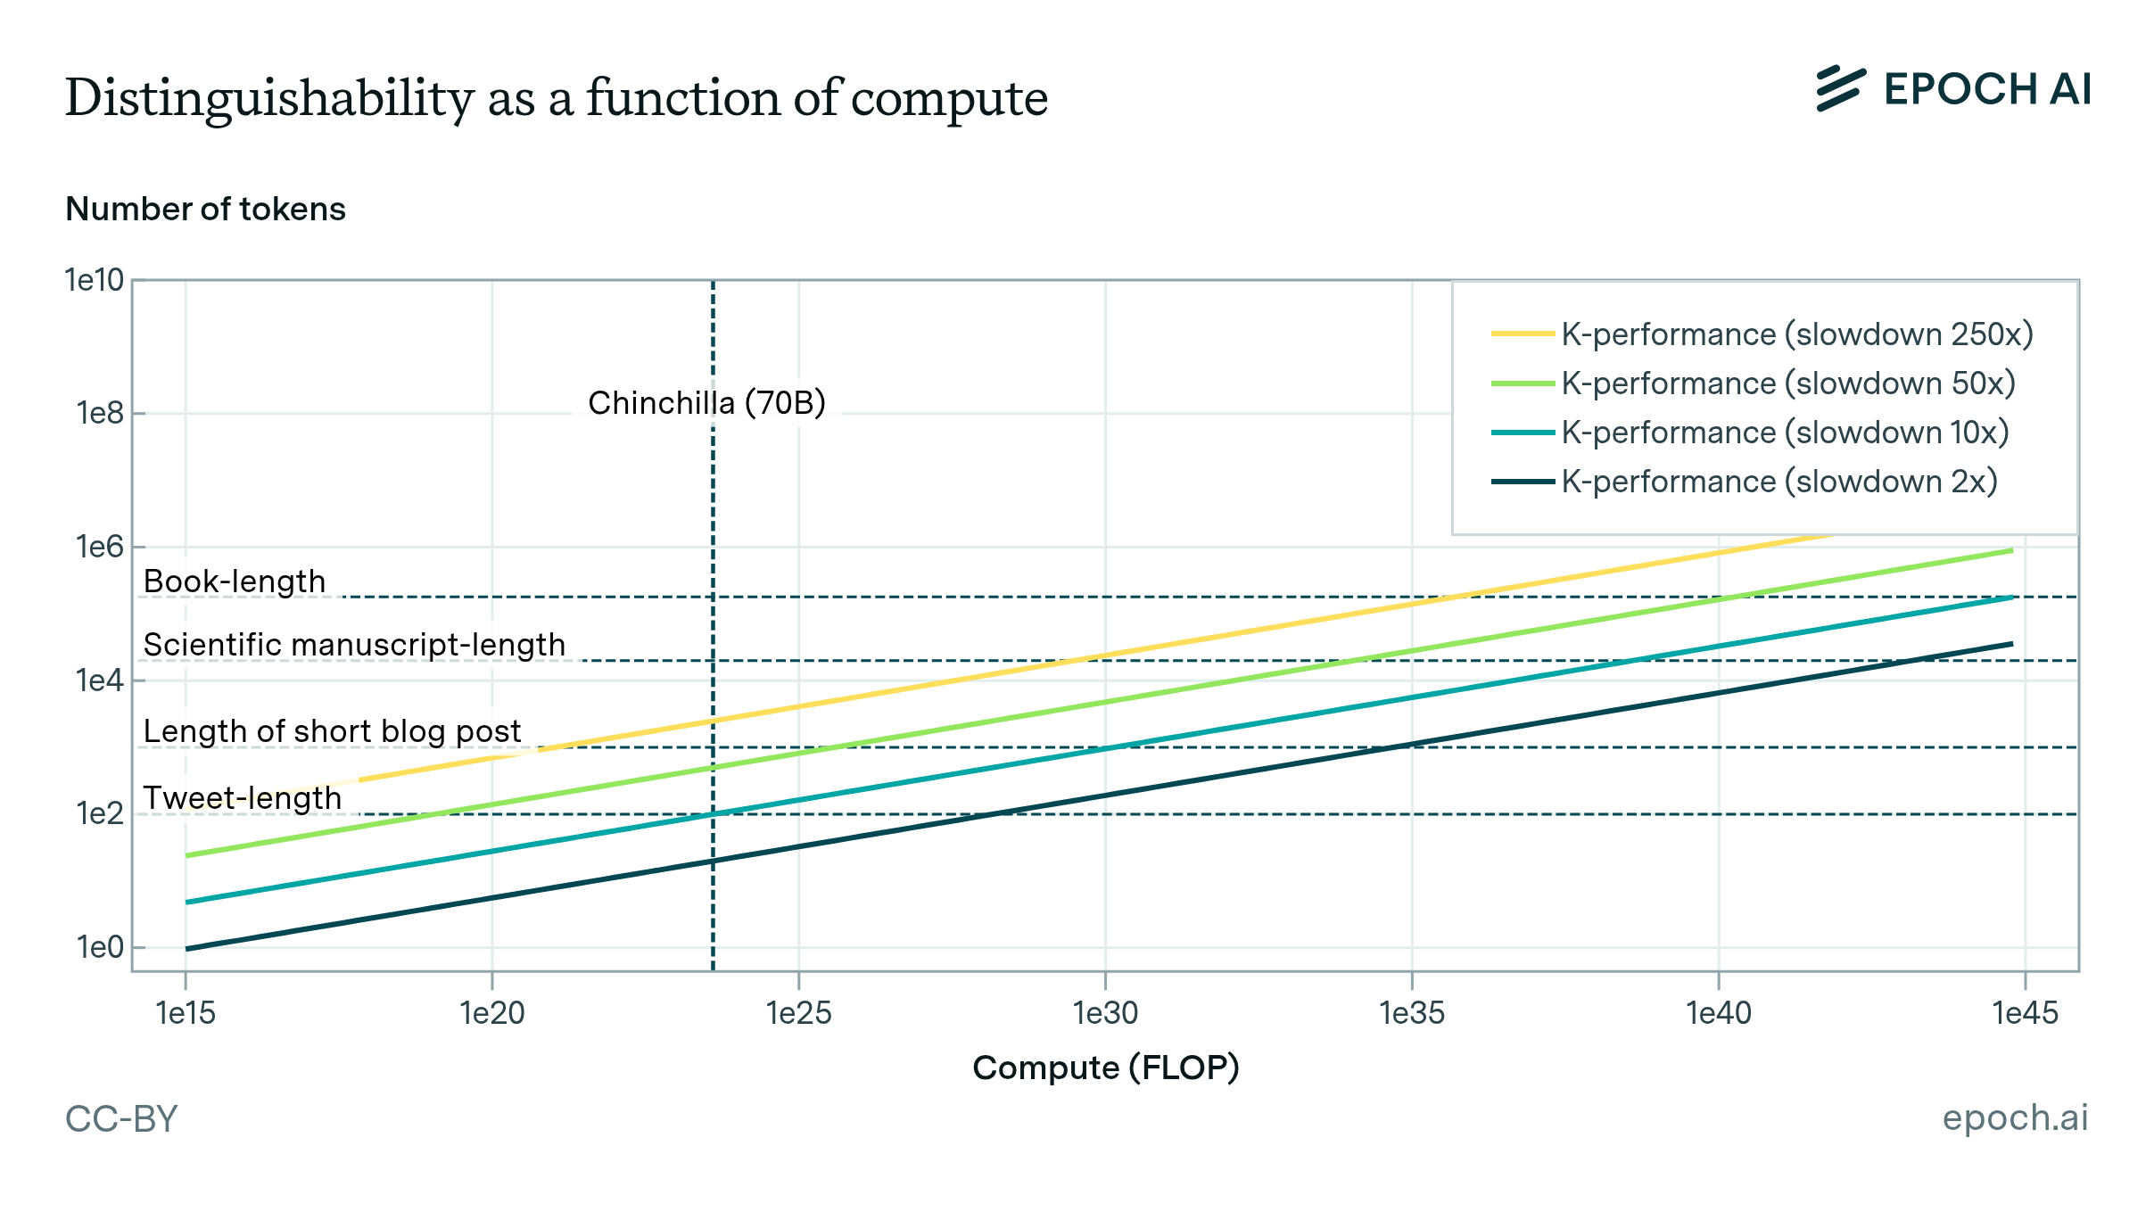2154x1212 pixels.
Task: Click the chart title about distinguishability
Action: click(x=556, y=98)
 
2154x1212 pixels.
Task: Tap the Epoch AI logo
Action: click(x=1952, y=89)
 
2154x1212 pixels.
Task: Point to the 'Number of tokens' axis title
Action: click(x=205, y=210)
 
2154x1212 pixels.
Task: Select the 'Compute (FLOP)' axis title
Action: click(x=1105, y=1068)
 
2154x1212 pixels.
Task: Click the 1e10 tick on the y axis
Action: click(x=94, y=281)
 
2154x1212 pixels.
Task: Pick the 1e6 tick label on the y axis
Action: click(x=99, y=547)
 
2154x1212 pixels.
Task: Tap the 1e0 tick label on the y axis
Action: click(x=99, y=947)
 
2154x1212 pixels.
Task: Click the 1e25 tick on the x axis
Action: click(x=798, y=1013)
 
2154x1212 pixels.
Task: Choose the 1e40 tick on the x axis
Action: click(x=1718, y=1013)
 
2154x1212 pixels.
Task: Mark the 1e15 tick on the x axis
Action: click(x=186, y=1013)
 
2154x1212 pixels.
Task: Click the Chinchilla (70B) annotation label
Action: click(x=706, y=403)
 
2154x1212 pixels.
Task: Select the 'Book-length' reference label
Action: click(x=235, y=581)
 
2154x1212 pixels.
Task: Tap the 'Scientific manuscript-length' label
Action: click(x=354, y=645)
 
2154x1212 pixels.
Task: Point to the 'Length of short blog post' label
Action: click(x=332, y=731)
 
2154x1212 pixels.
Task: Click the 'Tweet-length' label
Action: click(x=243, y=798)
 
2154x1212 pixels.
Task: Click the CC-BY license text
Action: click(x=121, y=1118)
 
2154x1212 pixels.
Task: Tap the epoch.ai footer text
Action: click(x=2015, y=1117)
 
